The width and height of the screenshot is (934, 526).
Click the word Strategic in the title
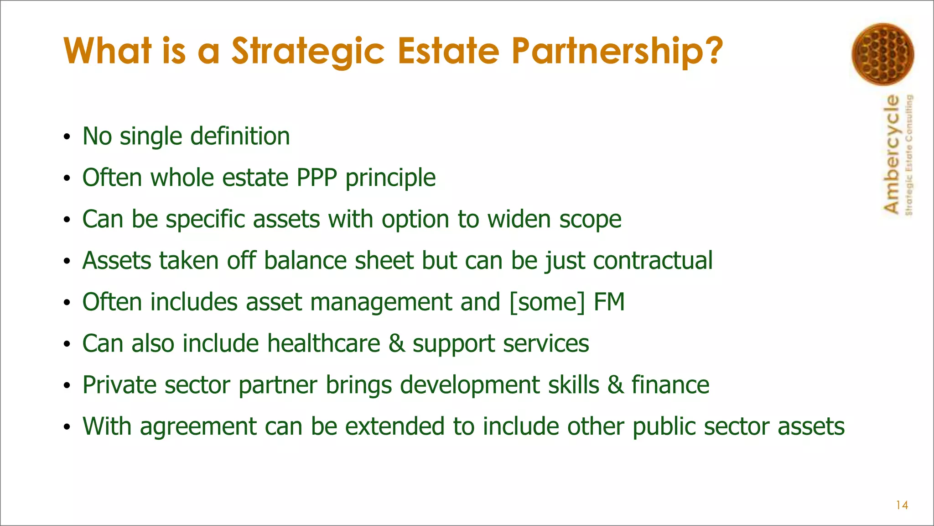[x=308, y=51]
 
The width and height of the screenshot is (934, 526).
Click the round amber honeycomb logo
[x=882, y=54]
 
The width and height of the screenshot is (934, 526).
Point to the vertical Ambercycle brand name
[x=892, y=154]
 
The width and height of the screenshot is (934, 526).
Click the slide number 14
[x=902, y=505]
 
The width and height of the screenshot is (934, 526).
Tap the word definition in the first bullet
[x=240, y=136]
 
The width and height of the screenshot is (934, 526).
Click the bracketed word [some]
[x=547, y=302]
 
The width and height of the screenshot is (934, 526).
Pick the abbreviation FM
[x=609, y=302]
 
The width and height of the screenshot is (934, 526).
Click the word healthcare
[x=323, y=343]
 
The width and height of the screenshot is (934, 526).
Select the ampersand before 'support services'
[x=396, y=343]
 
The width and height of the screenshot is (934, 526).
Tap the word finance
[x=670, y=385]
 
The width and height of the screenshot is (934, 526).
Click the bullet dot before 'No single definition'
[x=67, y=137]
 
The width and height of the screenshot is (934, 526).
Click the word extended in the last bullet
[x=394, y=426]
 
